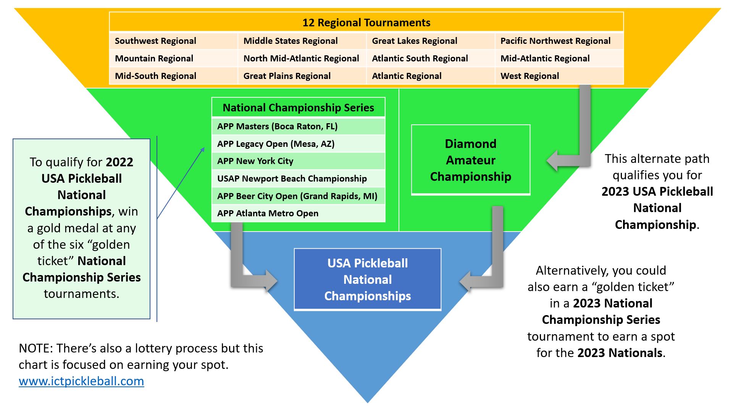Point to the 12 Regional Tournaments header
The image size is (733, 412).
point(366,23)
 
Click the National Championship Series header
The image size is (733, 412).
point(298,108)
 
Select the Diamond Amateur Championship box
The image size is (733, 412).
point(470,160)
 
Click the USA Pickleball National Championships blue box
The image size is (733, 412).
point(367,279)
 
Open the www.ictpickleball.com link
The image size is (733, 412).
point(81,381)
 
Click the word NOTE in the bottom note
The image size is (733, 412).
point(35,348)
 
